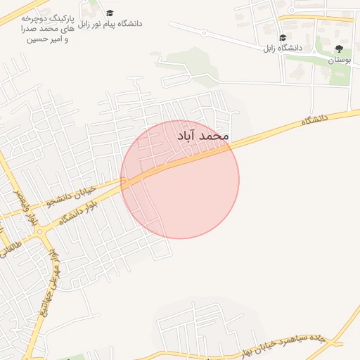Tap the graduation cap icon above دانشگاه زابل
[283, 38]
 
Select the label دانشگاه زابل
[283, 48]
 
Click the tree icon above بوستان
[340, 49]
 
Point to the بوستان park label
[340, 60]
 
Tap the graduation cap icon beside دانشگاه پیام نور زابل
[110, 13]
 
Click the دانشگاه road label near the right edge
[315, 120]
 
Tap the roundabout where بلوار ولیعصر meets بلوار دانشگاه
[39, 231]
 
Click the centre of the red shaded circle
[180, 179]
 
